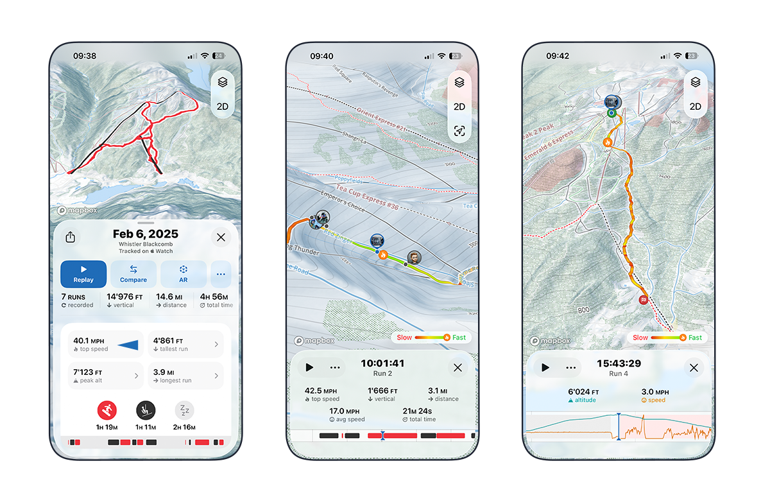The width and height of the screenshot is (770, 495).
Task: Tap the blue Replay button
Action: pos(83,274)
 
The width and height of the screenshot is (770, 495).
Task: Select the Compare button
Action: pos(133,274)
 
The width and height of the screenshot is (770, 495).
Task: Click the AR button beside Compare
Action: pos(184,274)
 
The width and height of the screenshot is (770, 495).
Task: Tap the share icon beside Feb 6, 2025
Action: pos(71,238)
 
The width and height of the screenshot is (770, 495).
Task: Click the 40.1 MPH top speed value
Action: pos(89,341)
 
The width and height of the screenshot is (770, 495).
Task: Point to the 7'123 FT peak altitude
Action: pos(89,372)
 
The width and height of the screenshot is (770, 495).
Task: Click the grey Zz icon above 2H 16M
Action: pos(184,410)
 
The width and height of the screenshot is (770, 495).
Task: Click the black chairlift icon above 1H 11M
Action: pos(145,410)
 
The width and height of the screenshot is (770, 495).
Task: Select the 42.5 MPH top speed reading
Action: pos(321,390)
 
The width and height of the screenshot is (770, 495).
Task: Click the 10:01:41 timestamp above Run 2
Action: pos(382,363)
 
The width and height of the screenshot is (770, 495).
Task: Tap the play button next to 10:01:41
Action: pos(309,368)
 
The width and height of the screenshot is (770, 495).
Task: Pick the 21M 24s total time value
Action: pos(418,410)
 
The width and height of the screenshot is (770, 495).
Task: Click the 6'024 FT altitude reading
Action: pos(583,392)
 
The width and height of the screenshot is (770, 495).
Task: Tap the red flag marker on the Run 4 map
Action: pos(643,300)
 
